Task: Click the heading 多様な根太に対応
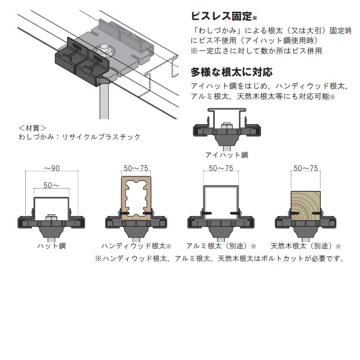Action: tap(232, 72)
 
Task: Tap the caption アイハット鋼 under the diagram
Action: tap(226, 155)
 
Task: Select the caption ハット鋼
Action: tap(51, 246)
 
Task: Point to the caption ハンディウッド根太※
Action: tap(136, 246)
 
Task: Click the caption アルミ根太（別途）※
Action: tap(221, 246)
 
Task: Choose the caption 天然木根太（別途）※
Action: tap(306, 246)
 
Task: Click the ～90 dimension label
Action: tap(51, 168)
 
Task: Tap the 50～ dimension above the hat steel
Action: tap(51, 185)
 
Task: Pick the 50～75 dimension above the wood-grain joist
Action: tap(306, 168)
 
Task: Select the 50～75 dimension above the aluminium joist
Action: tap(221, 168)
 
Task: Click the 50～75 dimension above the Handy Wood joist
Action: tap(136, 168)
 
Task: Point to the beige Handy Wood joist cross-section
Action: tap(136, 198)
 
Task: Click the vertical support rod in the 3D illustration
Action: tap(104, 101)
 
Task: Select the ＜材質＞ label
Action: tap(32, 128)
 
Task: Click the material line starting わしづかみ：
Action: tap(79, 137)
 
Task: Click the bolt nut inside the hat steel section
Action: tap(51, 217)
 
